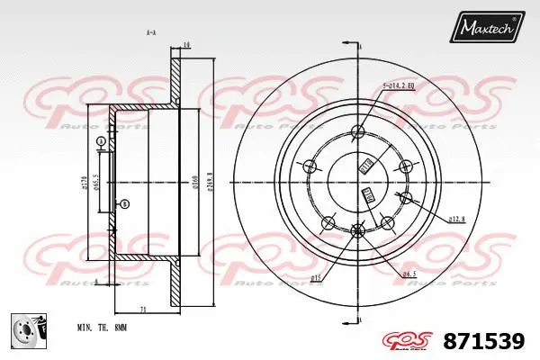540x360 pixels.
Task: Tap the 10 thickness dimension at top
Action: coord(185,44)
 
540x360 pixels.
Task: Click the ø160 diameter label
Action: coord(194,184)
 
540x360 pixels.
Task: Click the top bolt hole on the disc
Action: coord(357,129)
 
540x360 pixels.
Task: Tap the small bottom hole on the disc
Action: coord(357,229)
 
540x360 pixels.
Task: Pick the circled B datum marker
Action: coord(124,203)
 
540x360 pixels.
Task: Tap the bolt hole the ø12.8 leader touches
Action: coord(406,199)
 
